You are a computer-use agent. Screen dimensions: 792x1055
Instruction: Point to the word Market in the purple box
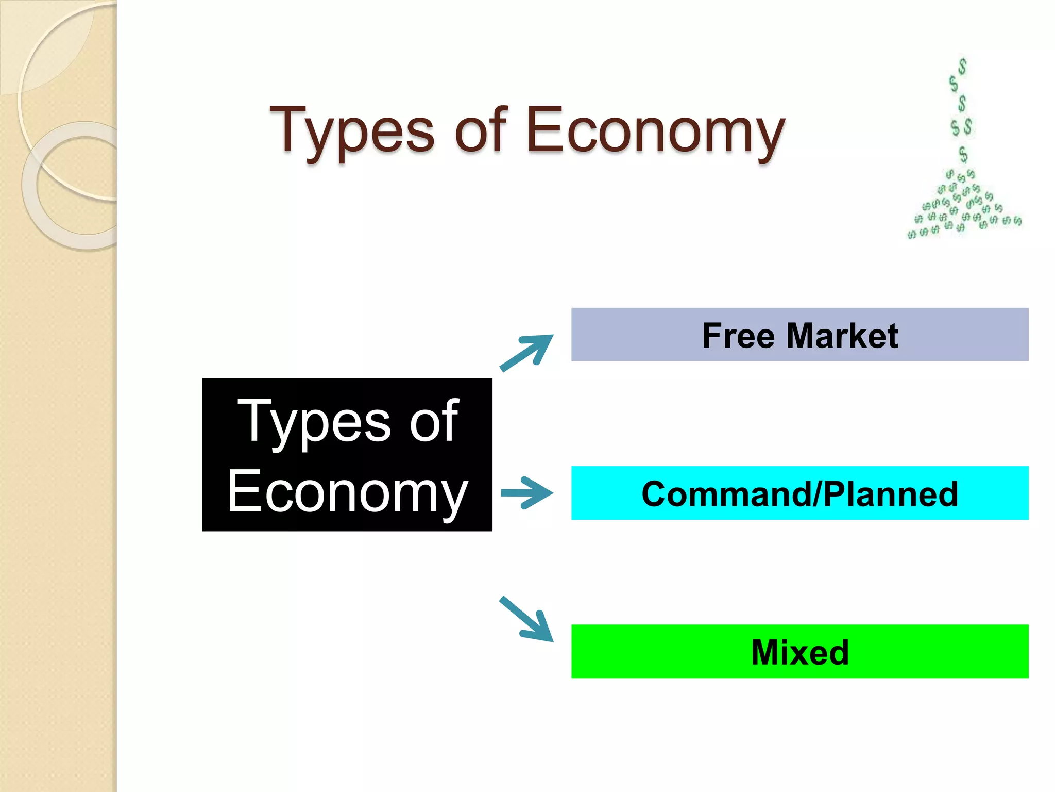(x=842, y=336)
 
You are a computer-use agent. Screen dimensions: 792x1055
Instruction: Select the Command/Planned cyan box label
(x=799, y=494)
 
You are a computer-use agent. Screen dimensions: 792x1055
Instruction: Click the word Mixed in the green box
(x=799, y=652)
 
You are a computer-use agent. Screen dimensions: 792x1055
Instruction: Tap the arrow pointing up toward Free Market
(x=526, y=353)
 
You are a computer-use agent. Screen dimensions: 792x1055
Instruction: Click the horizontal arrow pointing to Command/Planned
(x=526, y=493)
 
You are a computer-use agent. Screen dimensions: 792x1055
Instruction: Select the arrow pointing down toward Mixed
(x=526, y=619)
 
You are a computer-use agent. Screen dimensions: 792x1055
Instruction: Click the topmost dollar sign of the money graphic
(x=962, y=66)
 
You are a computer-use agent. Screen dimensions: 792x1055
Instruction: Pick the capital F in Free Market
(x=712, y=336)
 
